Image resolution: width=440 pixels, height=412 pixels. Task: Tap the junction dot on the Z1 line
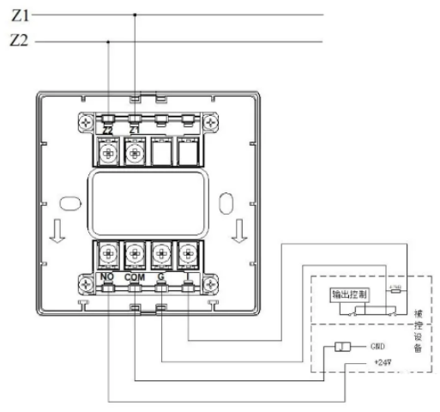[x=135, y=15]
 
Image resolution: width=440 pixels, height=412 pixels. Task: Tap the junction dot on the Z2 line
[x=108, y=41]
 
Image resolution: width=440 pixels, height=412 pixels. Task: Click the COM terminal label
[x=135, y=279]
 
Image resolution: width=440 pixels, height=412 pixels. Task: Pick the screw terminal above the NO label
[x=108, y=254]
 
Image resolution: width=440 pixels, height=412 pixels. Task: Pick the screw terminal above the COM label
[x=135, y=254]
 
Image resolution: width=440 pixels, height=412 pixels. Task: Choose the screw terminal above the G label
[x=161, y=254]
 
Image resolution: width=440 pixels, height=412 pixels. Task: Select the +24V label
[x=382, y=361]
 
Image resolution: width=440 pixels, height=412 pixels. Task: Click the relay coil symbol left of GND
[x=340, y=347]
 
